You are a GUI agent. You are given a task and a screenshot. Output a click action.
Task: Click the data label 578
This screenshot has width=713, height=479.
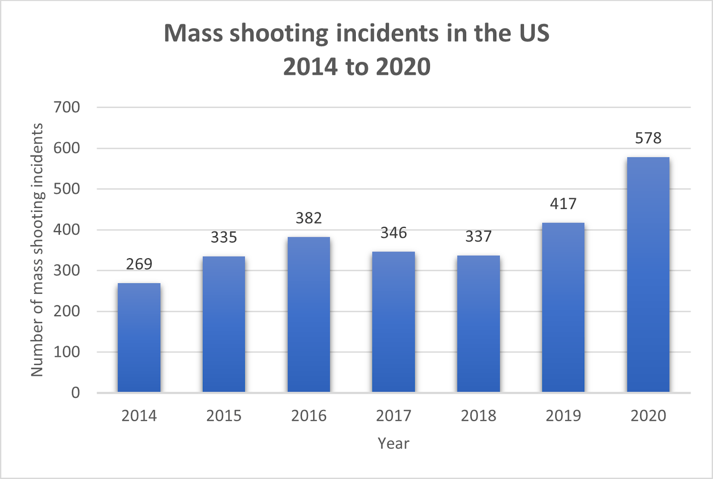[648, 138]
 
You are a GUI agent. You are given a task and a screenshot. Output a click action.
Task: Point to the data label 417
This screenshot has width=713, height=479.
[563, 204]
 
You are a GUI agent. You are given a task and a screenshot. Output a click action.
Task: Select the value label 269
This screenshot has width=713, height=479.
[139, 264]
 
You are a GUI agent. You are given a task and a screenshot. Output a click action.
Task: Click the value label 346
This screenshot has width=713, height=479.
[393, 233]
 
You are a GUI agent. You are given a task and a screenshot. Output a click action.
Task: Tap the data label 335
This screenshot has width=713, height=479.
[224, 238]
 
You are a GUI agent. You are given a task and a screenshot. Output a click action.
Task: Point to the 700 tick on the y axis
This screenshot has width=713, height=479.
[67, 107]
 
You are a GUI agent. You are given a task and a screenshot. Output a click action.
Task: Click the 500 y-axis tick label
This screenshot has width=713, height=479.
[67, 189]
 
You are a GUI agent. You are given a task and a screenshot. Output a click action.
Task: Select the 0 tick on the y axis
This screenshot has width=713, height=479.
[75, 393]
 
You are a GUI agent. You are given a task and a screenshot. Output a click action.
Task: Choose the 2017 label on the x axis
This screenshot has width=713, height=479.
[393, 416]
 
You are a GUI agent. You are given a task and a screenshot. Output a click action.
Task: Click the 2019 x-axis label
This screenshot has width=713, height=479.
[563, 416]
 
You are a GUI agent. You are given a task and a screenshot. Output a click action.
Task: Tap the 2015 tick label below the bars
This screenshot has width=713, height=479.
[224, 416]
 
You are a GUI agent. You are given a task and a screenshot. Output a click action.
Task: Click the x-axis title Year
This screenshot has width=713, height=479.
[393, 443]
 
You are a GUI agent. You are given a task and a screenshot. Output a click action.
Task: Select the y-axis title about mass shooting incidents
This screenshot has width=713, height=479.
[37, 250]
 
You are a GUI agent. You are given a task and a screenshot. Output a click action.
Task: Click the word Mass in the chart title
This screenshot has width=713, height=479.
[193, 33]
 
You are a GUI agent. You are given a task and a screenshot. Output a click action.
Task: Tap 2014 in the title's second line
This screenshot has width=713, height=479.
[311, 67]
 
